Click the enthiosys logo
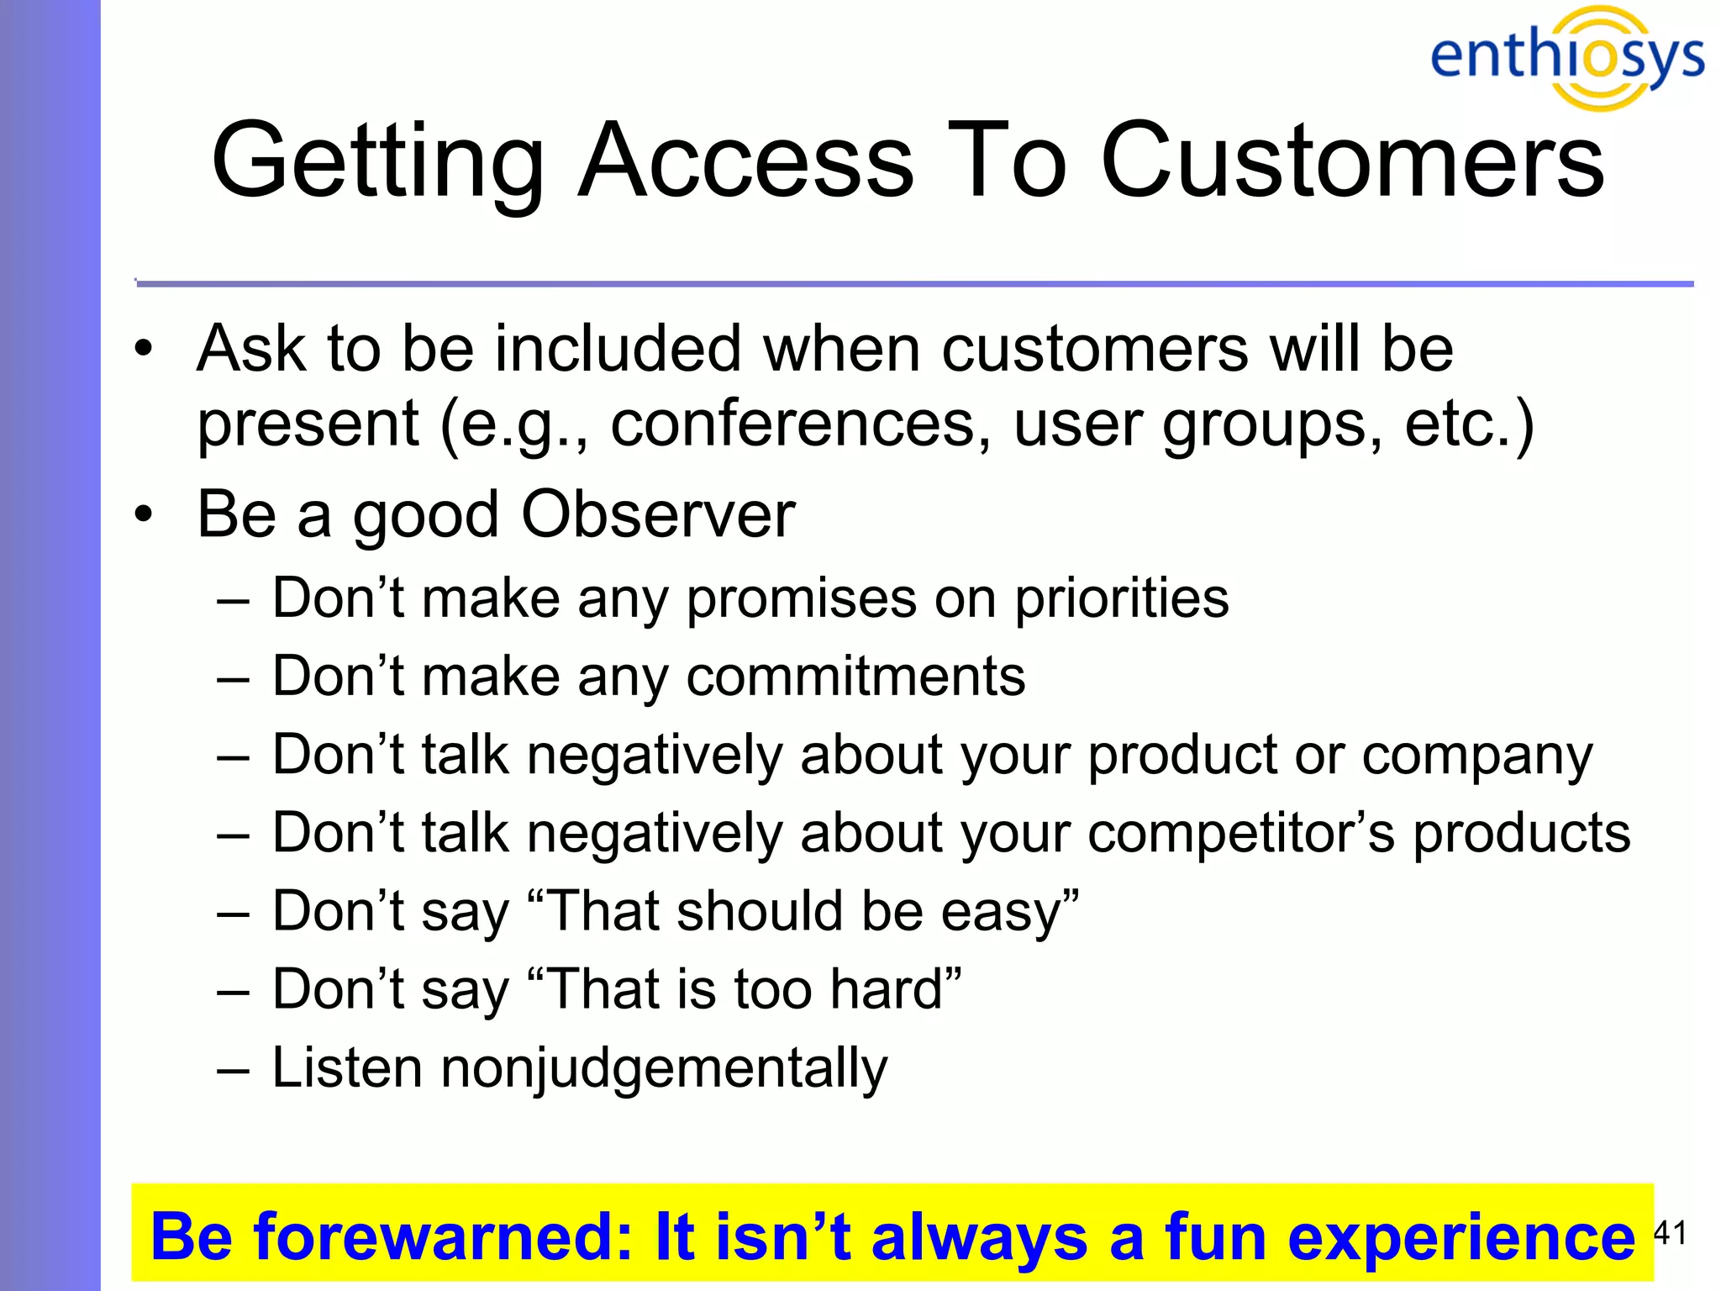(1566, 57)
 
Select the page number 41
(1670, 1233)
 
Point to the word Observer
(658, 514)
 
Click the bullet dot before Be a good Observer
(145, 514)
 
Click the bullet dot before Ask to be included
(145, 348)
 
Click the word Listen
(347, 1067)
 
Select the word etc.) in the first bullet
(1470, 424)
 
